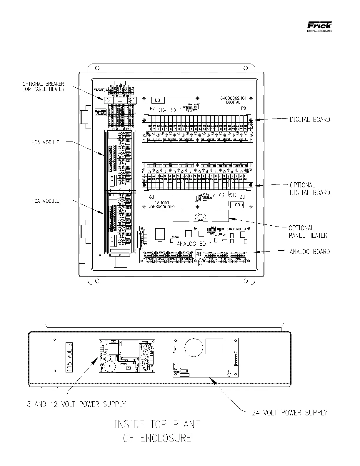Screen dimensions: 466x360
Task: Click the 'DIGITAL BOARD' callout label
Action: [x=310, y=119]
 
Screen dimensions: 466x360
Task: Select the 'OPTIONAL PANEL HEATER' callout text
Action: [x=308, y=232]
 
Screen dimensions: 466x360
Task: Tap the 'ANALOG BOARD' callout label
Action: [x=310, y=252]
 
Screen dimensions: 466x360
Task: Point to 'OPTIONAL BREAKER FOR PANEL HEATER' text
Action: [x=43, y=86]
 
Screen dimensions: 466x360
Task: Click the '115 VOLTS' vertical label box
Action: [x=69, y=358]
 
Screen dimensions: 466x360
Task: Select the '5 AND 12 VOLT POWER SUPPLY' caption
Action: [x=76, y=404]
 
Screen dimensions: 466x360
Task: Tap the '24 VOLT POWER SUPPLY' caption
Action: [x=289, y=413]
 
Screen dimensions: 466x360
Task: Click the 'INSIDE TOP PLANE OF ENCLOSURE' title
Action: [x=157, y=431]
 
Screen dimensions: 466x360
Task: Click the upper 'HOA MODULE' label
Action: [x=45, y=142]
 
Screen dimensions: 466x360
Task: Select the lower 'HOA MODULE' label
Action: [x=45, y=201]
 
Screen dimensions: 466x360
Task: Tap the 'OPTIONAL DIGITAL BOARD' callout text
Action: [x=310, y=189]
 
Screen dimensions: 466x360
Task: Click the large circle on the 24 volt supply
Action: [x=194, y=347]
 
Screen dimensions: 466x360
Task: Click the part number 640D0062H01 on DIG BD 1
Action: [x=233, y=98]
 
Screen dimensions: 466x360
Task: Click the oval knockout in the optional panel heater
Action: [x=200, y=217]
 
